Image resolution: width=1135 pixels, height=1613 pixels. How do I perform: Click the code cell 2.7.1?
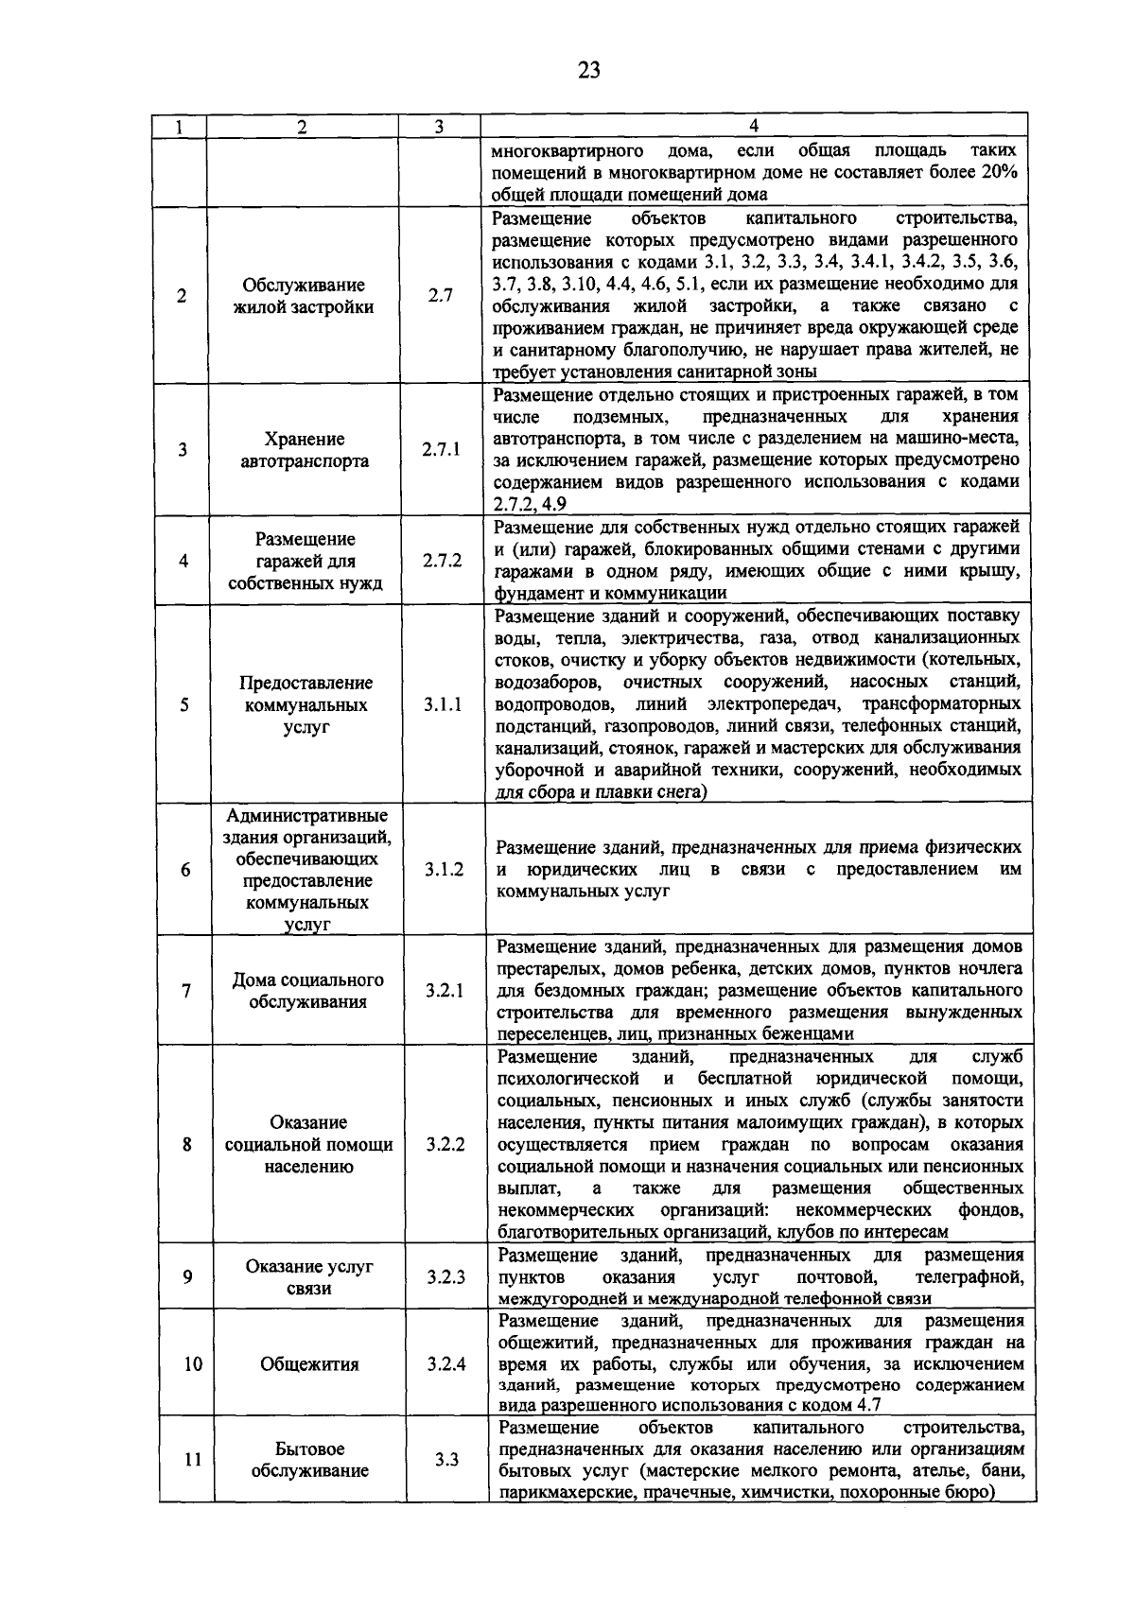click(441, 449)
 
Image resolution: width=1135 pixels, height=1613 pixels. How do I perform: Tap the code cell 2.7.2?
click(442, 561)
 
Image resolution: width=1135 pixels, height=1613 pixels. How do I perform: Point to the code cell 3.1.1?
click(443, 705)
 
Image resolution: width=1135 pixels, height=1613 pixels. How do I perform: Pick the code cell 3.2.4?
click(445, 1364)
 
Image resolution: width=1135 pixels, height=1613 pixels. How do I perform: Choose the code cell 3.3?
click(446, 1460)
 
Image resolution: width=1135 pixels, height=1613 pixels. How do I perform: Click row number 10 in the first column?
click(193, 1364)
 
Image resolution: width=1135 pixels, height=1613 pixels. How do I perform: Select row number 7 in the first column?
click(186, 991)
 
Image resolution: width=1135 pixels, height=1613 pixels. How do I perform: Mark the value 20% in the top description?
click(997, 173)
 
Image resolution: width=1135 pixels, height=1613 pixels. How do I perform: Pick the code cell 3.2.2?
click(445, 1144)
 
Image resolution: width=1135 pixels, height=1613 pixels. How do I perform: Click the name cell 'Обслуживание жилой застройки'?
click(304, 296)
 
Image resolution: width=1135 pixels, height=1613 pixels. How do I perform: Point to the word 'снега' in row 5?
click(678, 792)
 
